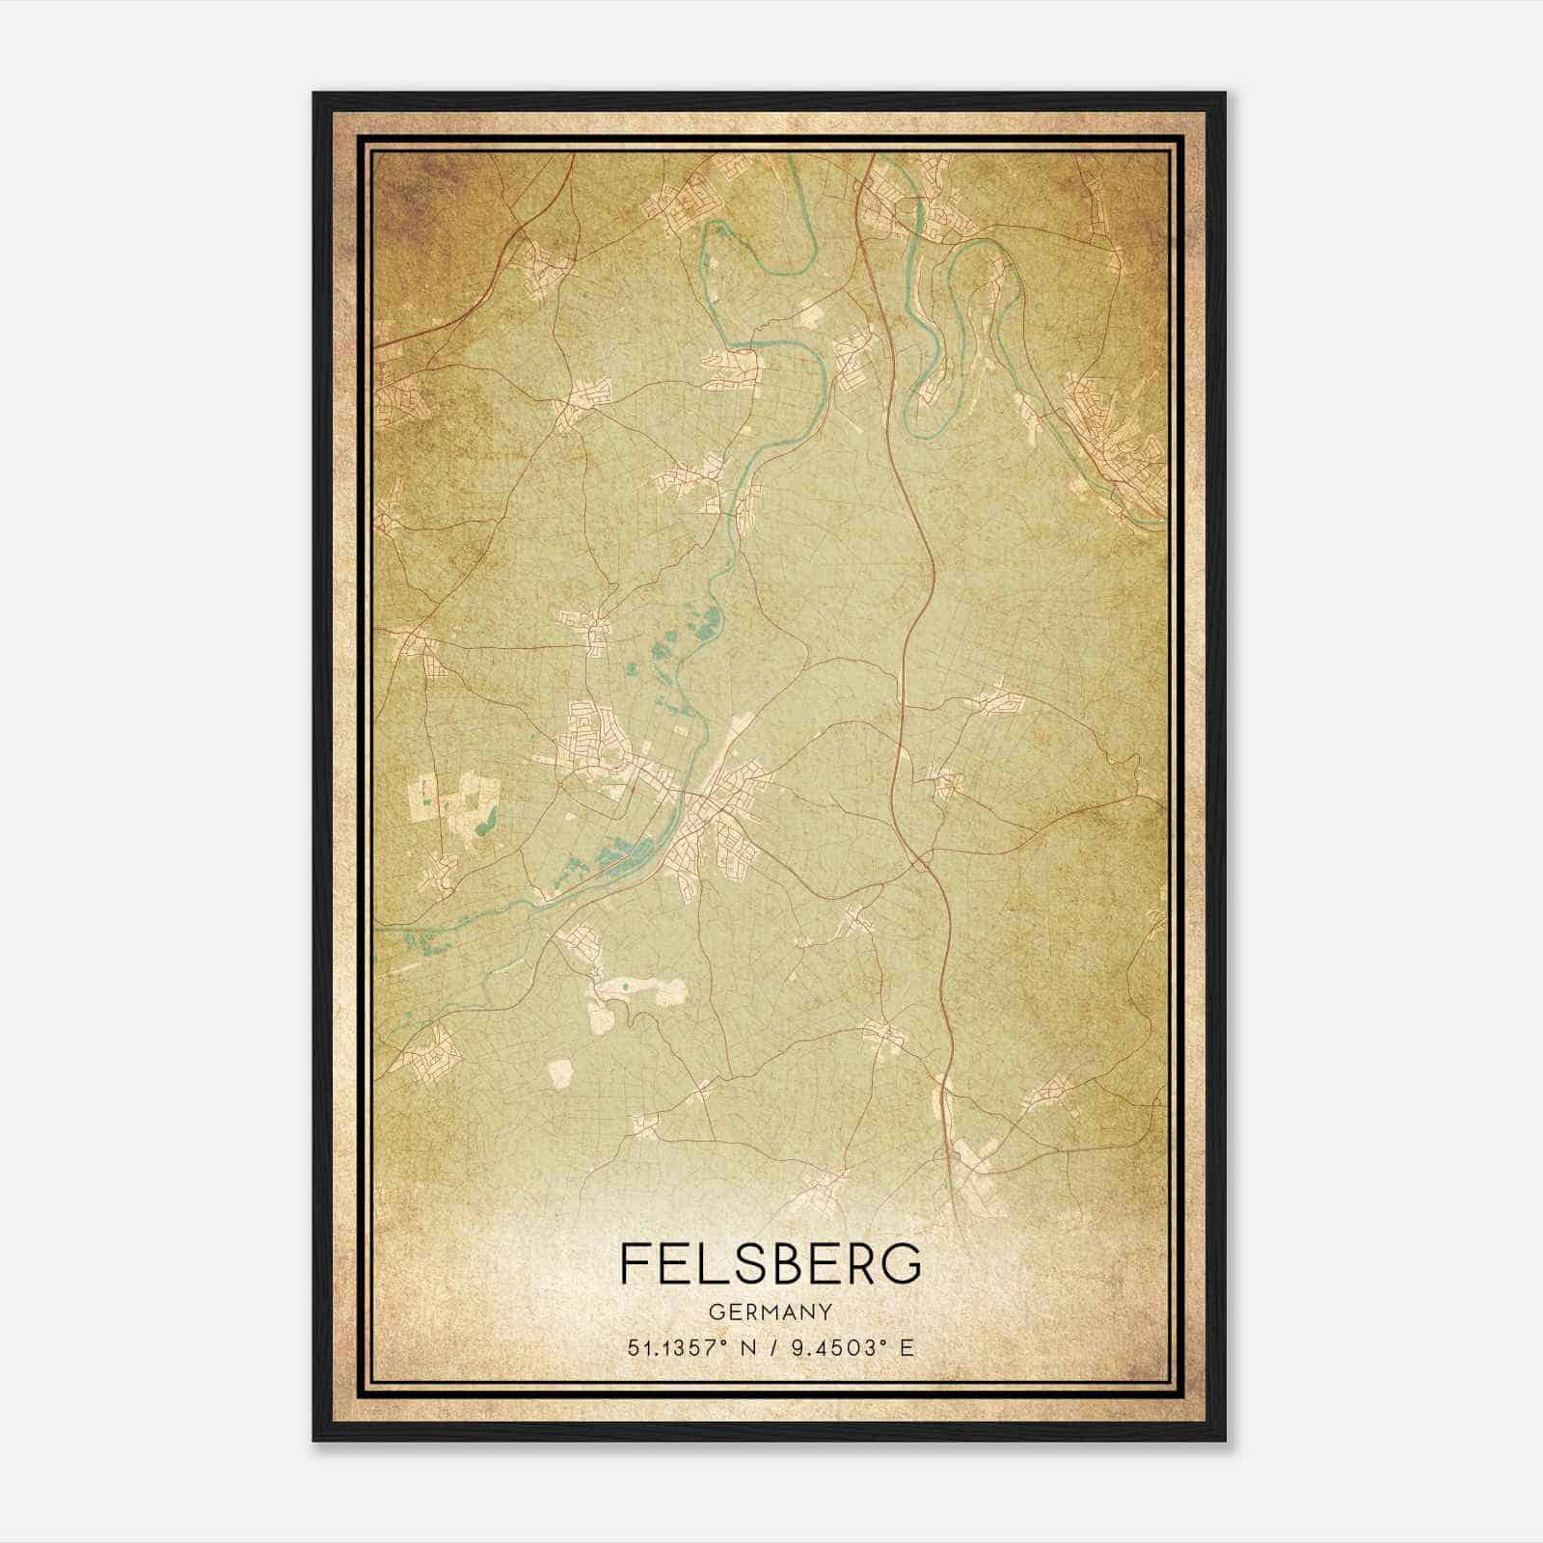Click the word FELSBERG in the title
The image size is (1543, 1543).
[771, 1263]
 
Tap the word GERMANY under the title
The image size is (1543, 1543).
[771, 1312]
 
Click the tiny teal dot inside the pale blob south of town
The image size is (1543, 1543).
[625, 986]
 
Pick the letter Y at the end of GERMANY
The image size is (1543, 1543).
[826, 1312]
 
